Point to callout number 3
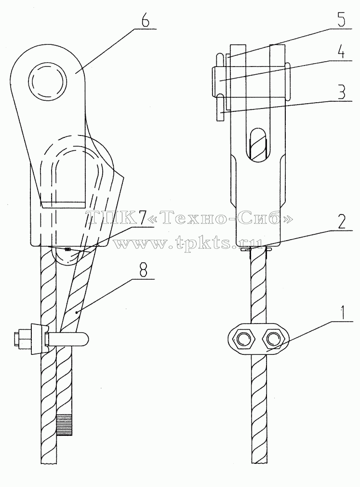coord(341,92)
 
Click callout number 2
coord(341,222)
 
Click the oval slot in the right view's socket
coord(257,145)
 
